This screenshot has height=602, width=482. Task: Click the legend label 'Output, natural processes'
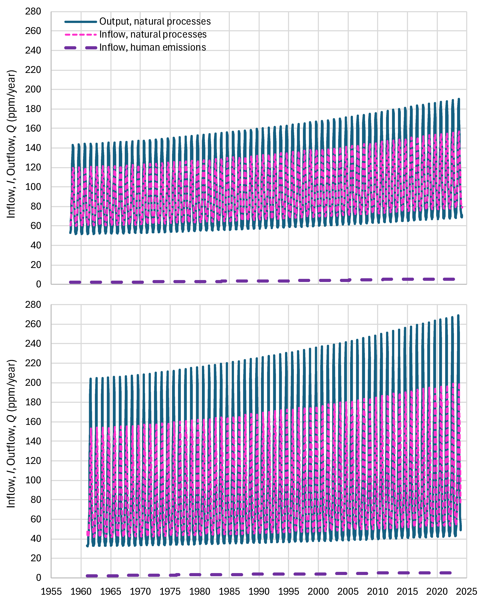point(155,21)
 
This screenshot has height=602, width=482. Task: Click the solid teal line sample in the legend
point(81,21)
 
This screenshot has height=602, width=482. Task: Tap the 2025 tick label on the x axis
point(466,591)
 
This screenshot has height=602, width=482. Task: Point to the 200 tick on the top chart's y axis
point(33,89)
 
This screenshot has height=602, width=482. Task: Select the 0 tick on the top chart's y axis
point(39,284)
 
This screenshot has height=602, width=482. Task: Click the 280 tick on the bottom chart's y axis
point(33,305)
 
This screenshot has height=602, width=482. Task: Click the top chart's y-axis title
point(11,144)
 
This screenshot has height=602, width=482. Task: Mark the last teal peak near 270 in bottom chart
point(458,316)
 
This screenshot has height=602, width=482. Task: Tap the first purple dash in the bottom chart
point(92,576)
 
